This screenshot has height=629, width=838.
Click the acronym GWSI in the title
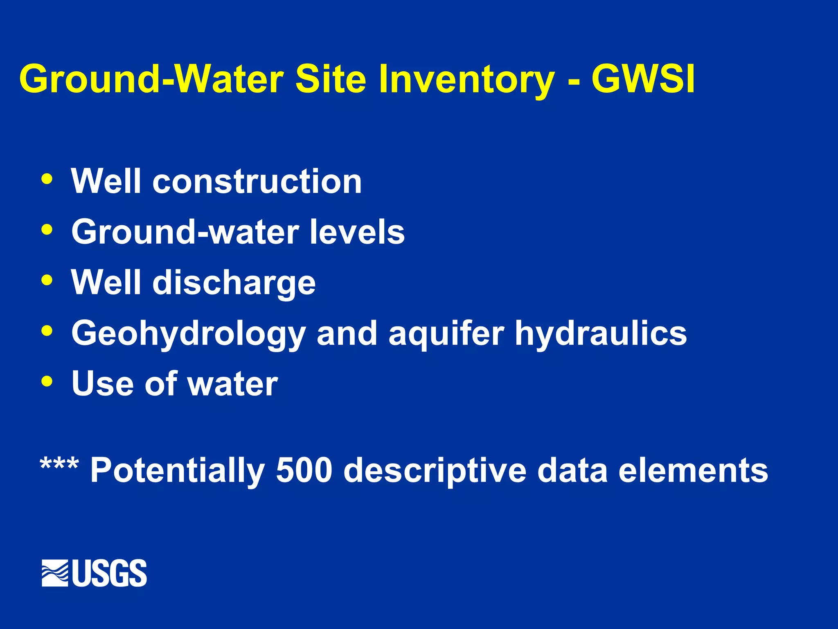click(643, 79)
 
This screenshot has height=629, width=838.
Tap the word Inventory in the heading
click(467, 80)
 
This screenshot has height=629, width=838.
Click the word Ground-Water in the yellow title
click(151, 79)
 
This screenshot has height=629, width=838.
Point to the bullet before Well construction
click(47, 179)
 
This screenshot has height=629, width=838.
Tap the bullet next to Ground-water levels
click(47, 229)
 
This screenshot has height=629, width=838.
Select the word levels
click(357, 232)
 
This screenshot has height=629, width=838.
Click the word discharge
click(234, 283)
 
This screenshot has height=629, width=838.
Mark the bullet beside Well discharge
click(47, 280)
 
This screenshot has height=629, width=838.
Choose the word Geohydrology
click(188, 334)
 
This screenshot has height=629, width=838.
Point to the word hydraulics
click(601, 334)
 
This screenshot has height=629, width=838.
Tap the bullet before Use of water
click(47, 381)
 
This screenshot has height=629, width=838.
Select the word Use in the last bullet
click(102, 384)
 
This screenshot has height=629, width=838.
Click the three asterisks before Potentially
click(59, 465)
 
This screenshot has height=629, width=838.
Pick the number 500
click(304, 470)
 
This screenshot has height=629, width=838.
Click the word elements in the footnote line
click(693, 470)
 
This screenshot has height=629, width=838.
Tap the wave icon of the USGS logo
click(55, 572)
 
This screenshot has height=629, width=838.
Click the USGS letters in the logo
click(110, 573)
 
